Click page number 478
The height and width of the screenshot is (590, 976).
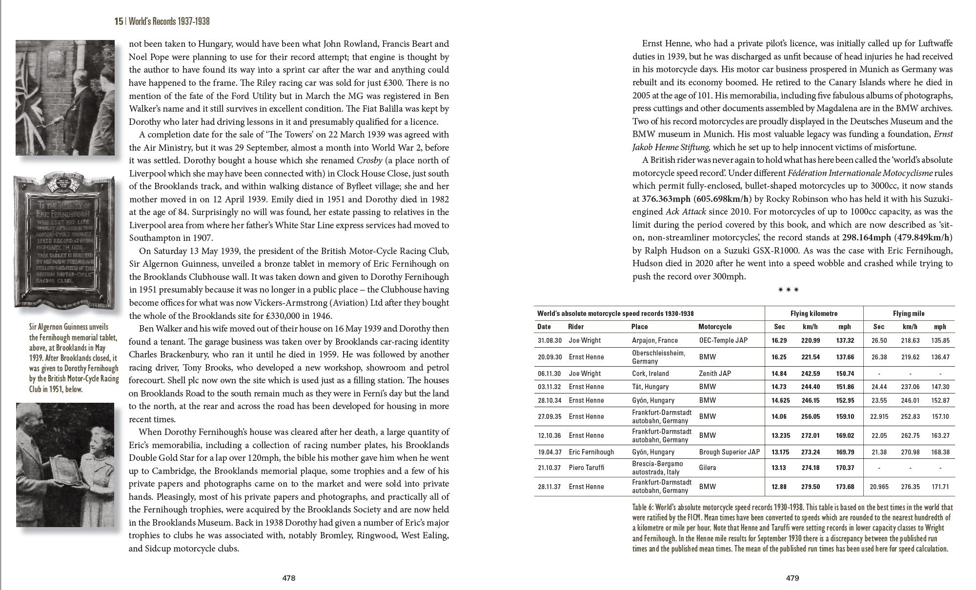[x=289, y=578]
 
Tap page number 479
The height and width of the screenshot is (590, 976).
[x=793, y=578]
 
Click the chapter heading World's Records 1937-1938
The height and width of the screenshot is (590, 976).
[x=169, y=21]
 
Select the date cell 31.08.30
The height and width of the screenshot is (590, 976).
[x=549, y=340]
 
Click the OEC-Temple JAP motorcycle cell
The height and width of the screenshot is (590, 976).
[x=723, y=340]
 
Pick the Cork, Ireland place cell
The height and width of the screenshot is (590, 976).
[x=651, y=374]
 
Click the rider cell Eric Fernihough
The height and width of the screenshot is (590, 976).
[x=591, y=452]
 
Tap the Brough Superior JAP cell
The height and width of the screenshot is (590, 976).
[x=729, y=452]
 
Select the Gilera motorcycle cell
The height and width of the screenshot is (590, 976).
[x=708, y=468]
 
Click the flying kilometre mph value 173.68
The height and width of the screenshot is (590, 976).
[x=845, y=487]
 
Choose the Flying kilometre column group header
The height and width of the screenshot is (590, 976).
[x=813, y=314]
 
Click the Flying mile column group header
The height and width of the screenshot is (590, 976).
[x=909, y=314]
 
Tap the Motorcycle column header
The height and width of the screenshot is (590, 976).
[x=715, y=327]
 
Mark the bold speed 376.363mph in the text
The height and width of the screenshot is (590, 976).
[x=666, y=199]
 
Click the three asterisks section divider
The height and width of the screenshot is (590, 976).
[x=788, y=290]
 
